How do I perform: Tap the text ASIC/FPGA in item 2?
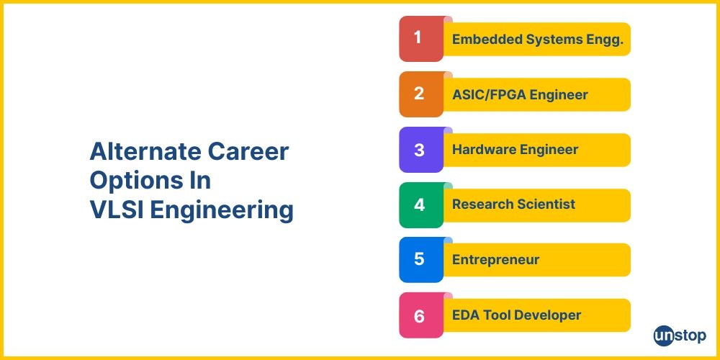tap(489, 95)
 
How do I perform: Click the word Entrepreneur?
tap(496, 260)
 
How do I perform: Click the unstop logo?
tap(680, 336)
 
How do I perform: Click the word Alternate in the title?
tap(143, 151)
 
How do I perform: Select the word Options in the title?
tap(132, 181)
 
